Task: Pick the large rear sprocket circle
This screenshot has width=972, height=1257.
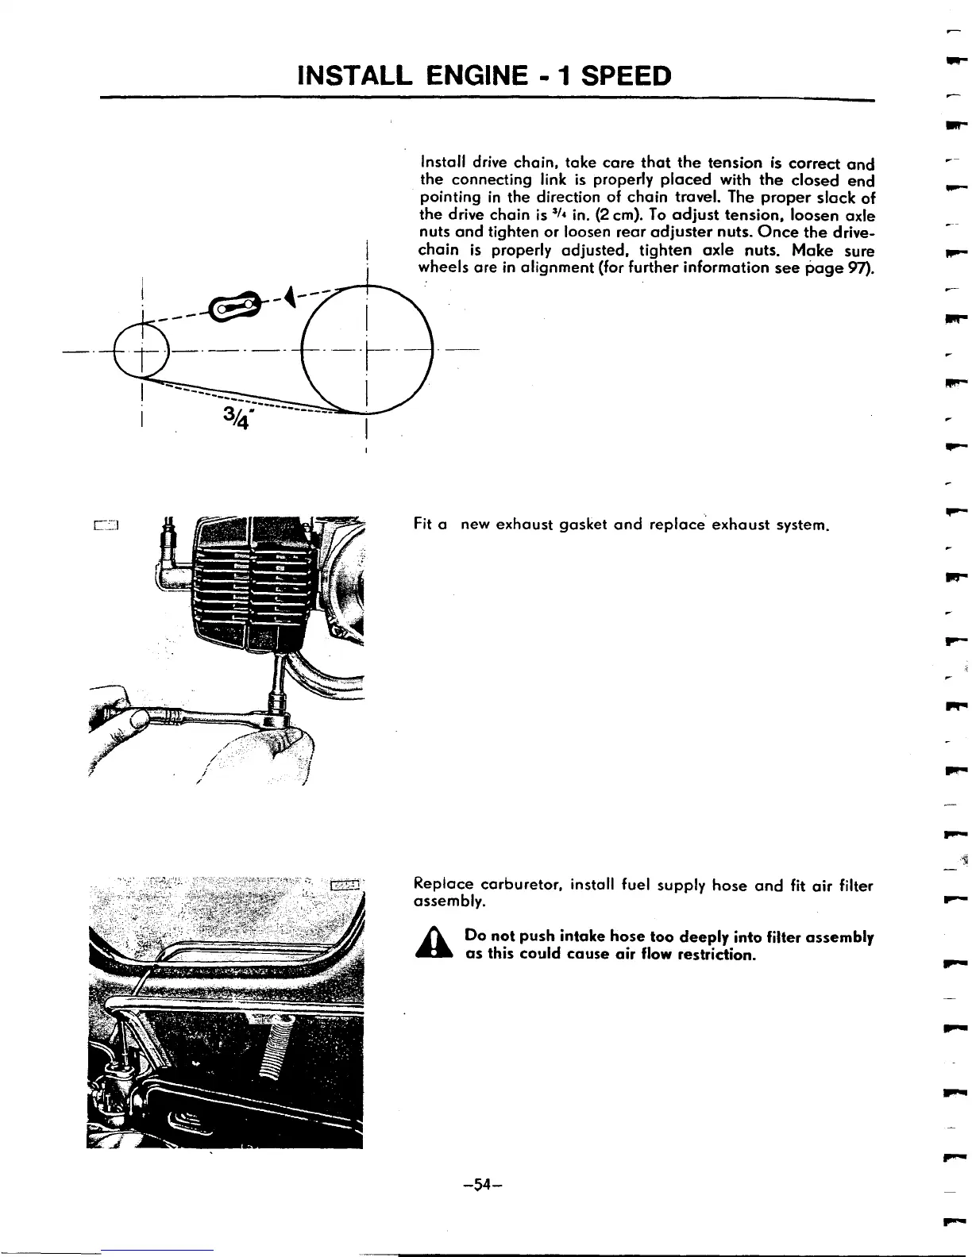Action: click(366, 349)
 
